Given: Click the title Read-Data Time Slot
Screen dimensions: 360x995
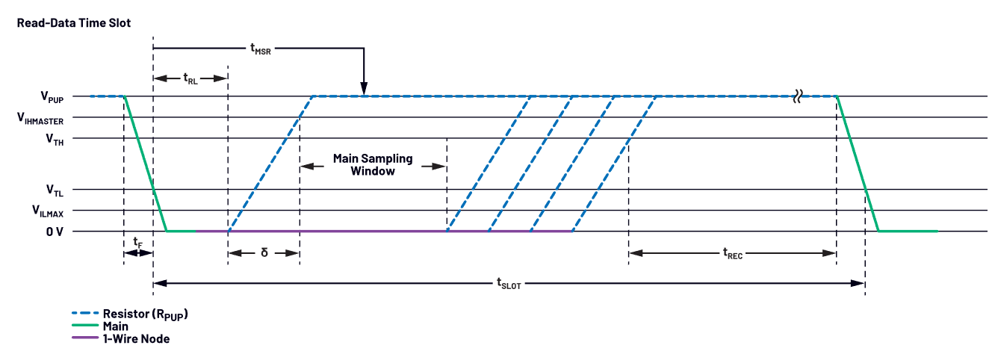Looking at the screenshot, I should point(73,23).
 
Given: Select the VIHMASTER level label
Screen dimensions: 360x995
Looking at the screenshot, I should point(51,118).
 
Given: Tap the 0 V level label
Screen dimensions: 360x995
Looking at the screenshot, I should point(55,232).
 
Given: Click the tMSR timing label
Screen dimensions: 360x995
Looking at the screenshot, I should point(260,50).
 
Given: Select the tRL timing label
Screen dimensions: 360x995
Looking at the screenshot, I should point(190,78).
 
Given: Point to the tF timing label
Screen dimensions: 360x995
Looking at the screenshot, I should point(137,242).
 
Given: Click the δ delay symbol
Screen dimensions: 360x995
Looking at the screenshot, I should point(264,252).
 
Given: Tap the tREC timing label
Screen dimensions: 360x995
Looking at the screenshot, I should point(733,253).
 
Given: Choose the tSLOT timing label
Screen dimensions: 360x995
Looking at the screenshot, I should point(509,283).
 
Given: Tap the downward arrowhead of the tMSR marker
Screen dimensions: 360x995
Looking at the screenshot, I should point(363,90).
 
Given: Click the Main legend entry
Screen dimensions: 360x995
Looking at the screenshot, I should point(115,326).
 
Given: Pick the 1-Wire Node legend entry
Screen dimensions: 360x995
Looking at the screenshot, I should point(136,338).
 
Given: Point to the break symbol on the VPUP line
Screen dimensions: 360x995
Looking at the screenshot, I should point(799,96).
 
